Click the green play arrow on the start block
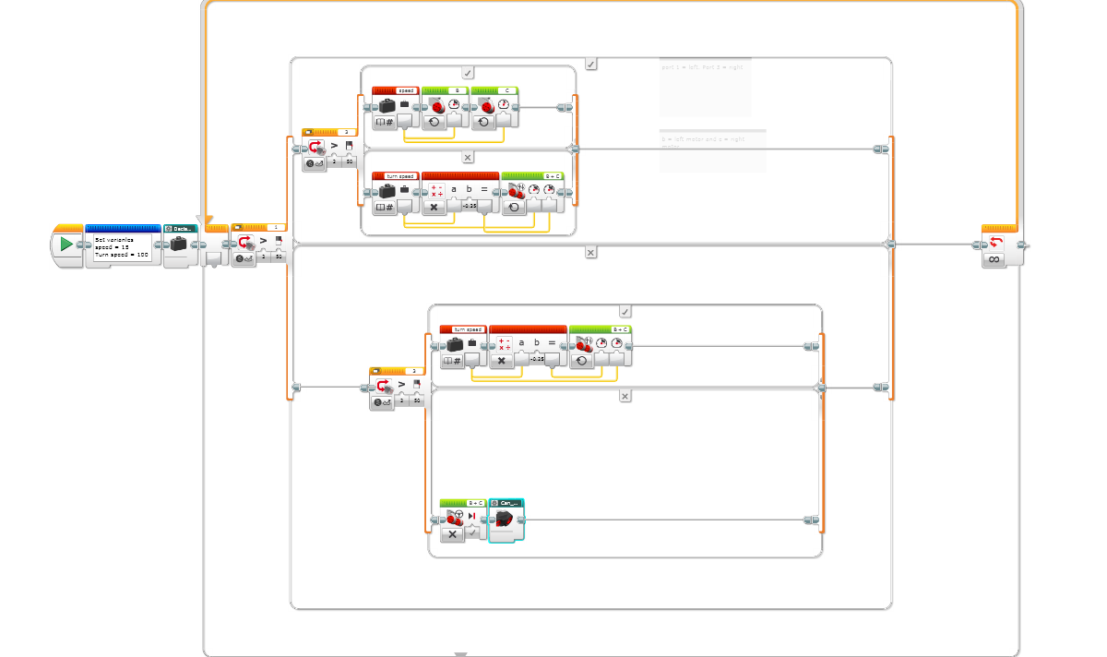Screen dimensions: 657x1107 66,245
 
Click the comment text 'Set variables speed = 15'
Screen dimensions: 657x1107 120,246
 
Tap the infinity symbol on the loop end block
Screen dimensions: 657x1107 994,259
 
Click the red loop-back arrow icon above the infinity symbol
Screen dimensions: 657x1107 994,242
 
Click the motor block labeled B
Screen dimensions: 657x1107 446,107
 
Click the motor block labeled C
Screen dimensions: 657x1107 494,107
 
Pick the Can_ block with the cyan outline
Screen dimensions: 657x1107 506,520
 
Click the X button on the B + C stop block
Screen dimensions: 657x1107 452,534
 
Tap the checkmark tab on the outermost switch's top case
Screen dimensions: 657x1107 590,64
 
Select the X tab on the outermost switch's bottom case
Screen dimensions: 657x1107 590,252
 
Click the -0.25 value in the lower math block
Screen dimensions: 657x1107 539,359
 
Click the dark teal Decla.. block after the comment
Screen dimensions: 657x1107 181,245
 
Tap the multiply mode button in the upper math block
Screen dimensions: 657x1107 434,208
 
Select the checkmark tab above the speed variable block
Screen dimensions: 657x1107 468,72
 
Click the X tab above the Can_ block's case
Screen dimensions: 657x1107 625,396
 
